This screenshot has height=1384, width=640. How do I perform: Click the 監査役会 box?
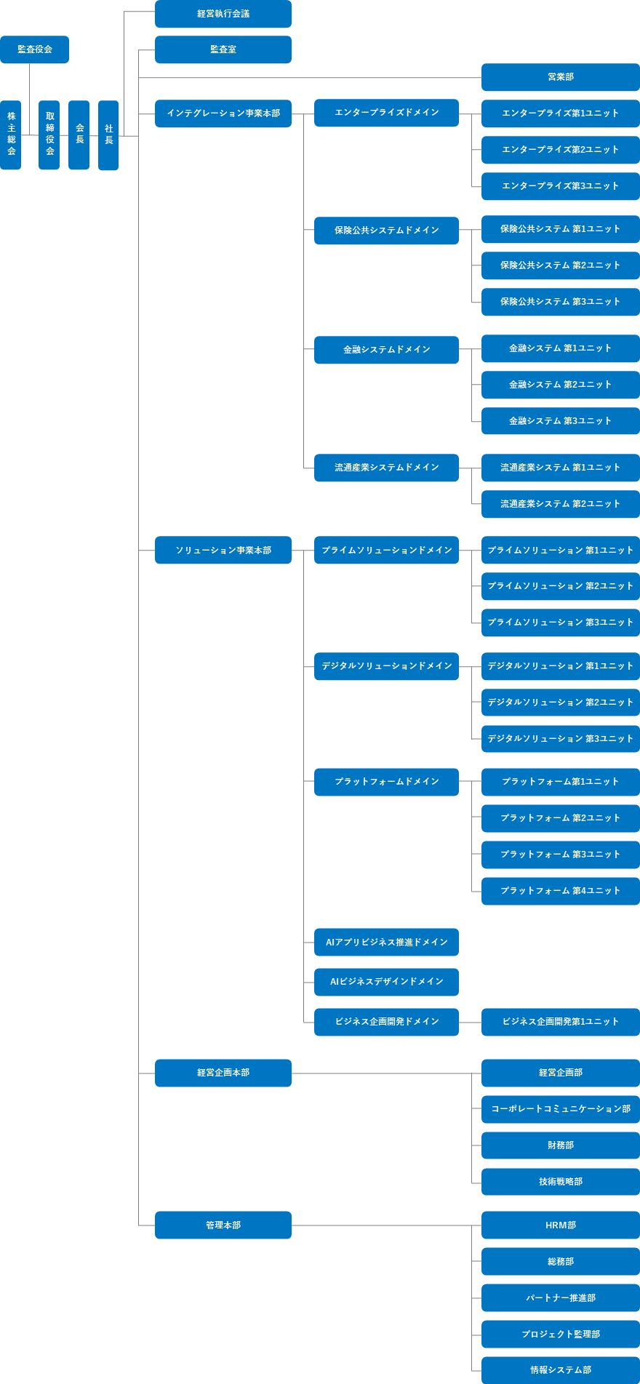click(34, 49)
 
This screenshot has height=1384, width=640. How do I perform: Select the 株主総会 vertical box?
click(11, 135)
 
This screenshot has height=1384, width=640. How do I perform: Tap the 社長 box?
click(108, 135)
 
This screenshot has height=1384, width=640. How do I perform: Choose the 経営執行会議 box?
click(223, 14)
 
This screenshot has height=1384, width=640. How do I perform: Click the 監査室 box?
click(223, 49)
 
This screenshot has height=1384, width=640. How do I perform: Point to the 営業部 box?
click(561, 77)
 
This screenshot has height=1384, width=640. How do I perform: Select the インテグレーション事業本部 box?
click(223, 113)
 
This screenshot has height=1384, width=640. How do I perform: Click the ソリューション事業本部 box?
click(223, 551)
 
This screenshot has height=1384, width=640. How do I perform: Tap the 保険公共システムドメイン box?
click(386, 231)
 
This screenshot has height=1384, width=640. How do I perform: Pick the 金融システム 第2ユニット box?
click(561, 385)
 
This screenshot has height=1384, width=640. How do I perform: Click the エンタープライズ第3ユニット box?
click(561, 186)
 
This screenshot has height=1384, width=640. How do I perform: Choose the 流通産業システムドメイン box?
click(386, 468)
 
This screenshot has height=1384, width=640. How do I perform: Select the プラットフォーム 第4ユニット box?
click(561, 891)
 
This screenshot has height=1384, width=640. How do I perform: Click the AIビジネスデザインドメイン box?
click(386, 982)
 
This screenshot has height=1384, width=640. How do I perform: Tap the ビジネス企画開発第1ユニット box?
click(561, 1022)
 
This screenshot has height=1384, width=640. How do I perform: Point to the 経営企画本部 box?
click(223, 1073)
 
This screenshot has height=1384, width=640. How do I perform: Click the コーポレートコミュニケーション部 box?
click(561, 1109)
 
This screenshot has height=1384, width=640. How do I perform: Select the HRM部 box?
click(561, 1225)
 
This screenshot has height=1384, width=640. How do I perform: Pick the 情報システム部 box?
click(561, 1370)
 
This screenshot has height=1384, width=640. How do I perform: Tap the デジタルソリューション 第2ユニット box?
click(561, 703)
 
